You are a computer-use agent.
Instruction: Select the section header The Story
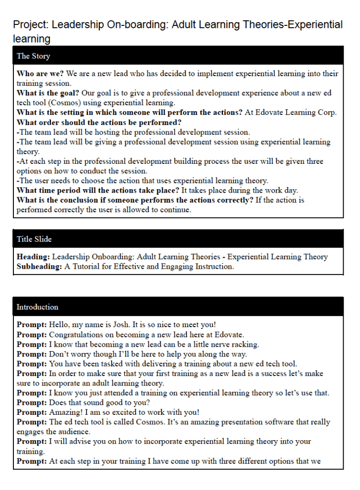[33, 56]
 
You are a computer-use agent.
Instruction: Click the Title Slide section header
[34, 239]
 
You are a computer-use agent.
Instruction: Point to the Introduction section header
[37, 307]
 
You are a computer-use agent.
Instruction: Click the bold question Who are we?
[40, 74]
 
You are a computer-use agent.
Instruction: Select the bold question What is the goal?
[48, 93]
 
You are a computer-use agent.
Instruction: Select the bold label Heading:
[33, 257]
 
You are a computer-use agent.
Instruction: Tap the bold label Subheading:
[39, 266]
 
